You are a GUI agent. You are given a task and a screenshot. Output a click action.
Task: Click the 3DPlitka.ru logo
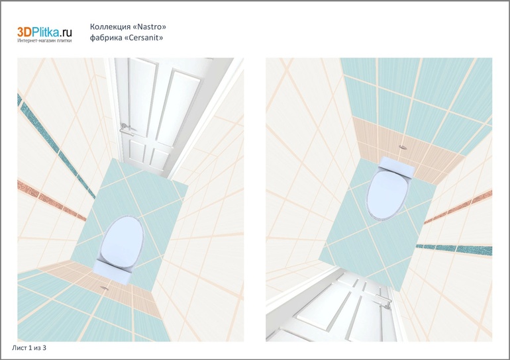click(44, 32)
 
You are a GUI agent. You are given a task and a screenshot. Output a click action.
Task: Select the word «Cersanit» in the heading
click(144, 38)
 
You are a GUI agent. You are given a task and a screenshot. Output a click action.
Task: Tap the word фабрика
click(106, 38)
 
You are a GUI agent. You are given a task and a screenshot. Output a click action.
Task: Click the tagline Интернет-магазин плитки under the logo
click(44, 40)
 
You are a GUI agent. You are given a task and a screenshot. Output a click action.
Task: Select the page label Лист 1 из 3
click(29, 348)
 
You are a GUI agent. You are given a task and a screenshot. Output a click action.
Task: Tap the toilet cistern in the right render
click(397, 166)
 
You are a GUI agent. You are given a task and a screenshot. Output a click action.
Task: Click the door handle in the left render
click(125, 128)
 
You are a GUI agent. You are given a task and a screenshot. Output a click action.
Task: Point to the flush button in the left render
click(105, 288)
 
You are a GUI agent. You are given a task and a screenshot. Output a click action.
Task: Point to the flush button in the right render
click(403, 147)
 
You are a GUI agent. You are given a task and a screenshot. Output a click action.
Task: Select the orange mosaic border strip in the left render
click(52, 201)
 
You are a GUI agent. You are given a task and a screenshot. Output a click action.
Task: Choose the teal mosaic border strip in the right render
click(454, 249)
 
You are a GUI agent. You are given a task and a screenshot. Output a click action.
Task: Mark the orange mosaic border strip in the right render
click(458, 206)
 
